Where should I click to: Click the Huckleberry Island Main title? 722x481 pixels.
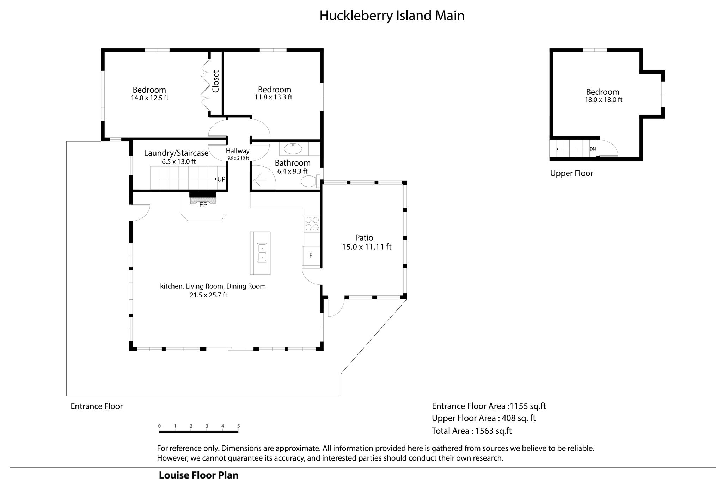click(392, 16)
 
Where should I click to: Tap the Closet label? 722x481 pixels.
click(216, 81)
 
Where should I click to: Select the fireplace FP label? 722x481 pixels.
click(203, 204)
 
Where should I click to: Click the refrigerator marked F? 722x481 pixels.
click(311, 255)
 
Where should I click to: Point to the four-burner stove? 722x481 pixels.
click(312, 223)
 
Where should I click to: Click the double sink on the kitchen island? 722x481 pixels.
click(262, 253)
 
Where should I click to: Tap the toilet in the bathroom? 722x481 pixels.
click(311, 181)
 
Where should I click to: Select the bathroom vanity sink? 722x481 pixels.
click(293, 149)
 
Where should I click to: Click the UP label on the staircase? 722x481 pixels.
click(221, 179)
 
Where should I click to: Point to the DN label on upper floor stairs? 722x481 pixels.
click(593, 149)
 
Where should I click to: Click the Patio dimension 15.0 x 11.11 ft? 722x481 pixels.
click(367, 247)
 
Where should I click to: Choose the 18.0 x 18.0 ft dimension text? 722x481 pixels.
click(604, 100)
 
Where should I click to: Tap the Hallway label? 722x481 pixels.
click(238, 151)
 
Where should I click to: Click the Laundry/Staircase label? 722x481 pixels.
click(176, 153)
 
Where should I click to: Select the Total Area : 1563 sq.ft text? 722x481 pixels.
click(472, 431)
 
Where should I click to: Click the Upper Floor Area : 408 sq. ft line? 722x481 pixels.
click(484, 418)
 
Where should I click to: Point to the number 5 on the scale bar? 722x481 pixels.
click(239, 426)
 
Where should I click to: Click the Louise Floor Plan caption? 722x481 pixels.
click(198, 475)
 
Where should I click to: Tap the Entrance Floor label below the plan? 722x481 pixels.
click(97, 406)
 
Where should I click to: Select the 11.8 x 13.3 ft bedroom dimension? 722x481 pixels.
click(274, 97)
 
